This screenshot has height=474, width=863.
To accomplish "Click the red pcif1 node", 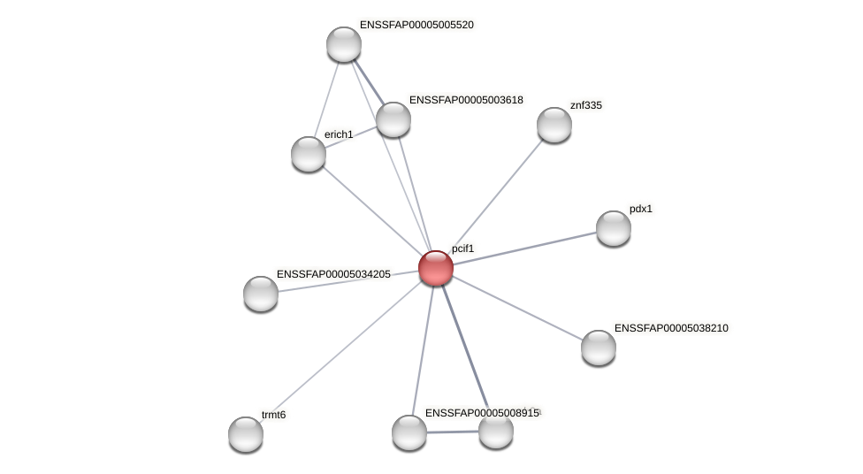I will click(x=435, y=268).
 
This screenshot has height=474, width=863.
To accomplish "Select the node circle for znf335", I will click(x=554, y=125).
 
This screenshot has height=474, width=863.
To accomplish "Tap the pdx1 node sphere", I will click(x=613, y=228).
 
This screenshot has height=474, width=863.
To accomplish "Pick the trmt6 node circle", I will click(x=246, y=433).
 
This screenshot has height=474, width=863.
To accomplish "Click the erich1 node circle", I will click(x=309, y=154).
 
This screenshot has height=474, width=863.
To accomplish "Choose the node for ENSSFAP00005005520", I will click(x=343, y=44).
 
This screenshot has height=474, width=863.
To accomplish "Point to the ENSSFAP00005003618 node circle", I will click(x=393, y=119).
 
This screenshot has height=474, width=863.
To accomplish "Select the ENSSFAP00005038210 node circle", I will click(x=598, y=348).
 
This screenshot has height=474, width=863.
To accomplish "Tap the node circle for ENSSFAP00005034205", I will click(x=261, y=294).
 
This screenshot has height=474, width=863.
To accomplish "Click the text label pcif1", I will click(x=462, y=249).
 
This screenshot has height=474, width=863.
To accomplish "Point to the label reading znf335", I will click(x=585, y=105).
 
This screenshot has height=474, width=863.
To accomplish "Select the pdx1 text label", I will click(x=641, y=210).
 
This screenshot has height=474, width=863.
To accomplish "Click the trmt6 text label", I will click(x=273, y=415).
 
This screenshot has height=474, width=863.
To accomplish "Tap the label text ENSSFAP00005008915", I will click(x=481, y=413).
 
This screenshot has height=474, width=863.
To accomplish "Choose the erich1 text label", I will click(x=338, y=134).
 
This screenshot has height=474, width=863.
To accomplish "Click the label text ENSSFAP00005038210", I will click(x=671, y=328).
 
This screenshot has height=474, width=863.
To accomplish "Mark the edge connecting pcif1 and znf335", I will click(x=494, y=196).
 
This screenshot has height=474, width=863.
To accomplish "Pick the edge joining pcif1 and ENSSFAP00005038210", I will click(x=517, y=308).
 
